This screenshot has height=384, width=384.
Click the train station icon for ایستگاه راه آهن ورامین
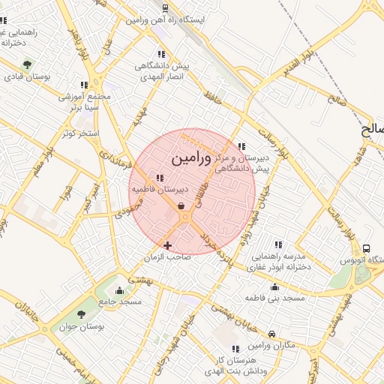click(x=165, y=8)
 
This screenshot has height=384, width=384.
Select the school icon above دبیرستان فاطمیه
click(x=160, y=178)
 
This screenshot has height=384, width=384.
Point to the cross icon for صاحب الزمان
click(x=167, y=245)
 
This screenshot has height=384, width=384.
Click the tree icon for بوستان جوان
click(x=82, y=315)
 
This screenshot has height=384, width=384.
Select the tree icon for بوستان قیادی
click(x=28, y=64)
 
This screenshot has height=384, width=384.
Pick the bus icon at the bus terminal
click(x=367, y=248)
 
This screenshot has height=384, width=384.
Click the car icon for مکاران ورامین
click(x=272, y=334)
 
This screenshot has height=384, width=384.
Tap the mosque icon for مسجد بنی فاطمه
click(x=274, y=287)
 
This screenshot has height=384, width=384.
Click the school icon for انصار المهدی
click(x=160, y=54)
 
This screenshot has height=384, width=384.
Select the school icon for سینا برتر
click(x=84, y=85)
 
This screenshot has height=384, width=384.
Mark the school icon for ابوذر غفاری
click(x=278, y=245)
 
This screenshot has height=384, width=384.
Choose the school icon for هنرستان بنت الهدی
click(x=235, y=349)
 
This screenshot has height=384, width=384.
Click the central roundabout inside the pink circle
click(x=184, y=217)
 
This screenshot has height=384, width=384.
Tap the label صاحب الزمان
click(x=169, y=256)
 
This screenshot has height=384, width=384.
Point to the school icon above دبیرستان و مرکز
click(x=241, y=147)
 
